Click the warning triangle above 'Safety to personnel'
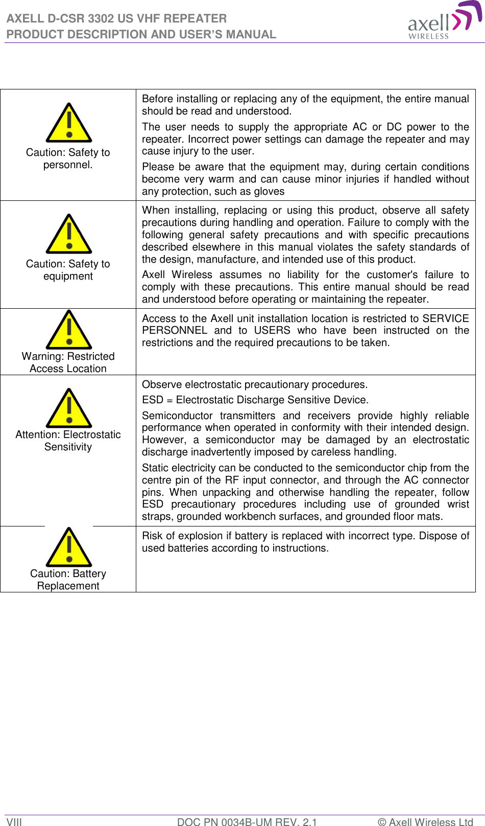click(68, 124)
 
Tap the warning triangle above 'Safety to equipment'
click(68, 235)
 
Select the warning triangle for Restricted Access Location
click(68, 331)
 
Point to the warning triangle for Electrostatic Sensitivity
click(68, 409)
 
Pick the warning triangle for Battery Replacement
click(68, 548)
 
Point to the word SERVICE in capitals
click(445, 318)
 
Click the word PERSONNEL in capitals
click(175, 331)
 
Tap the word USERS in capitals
click(272, 331)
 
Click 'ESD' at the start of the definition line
click(152, 400)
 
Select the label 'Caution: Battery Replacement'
click(68, 580)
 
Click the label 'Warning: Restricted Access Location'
click(68, 362)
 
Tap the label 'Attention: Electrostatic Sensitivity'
click(68, 441)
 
